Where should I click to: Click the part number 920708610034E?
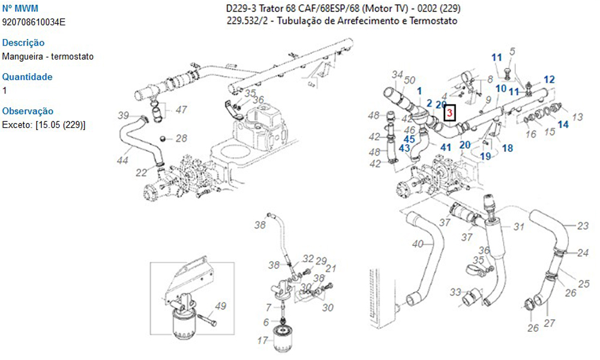pos(34,22)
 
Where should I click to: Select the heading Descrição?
pos(23,43)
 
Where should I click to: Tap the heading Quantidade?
pos(27,77)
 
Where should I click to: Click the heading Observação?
pos(28,111)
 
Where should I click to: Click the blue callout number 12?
pos(549,79)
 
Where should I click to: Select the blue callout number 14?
pos(563,124)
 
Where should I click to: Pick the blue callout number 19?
pos(485,156)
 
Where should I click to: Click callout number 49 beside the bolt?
pos(221,307)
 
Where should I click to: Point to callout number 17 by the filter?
pos(262,341)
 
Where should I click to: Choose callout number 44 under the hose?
pos(122,160)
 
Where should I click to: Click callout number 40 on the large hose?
pos(418,244)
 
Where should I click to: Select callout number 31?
pos(519,227)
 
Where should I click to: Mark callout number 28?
pos(181,138)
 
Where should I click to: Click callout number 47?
pos(181,110)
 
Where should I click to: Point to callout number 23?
pos(583,226)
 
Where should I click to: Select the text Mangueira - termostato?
pos(48,56)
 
